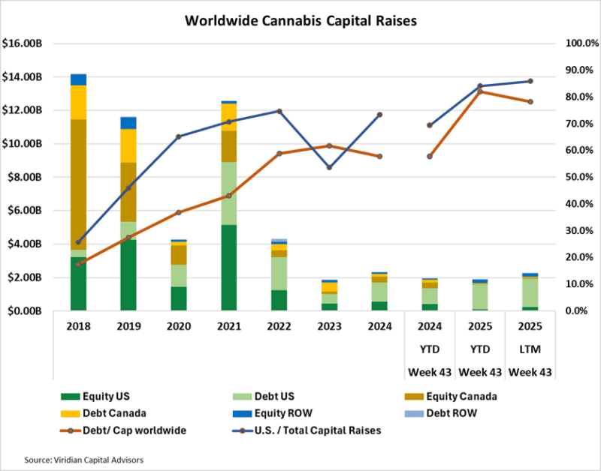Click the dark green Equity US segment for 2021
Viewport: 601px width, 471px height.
coord(229,267)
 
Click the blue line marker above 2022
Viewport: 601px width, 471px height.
coord(279,111)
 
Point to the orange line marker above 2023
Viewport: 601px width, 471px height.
coord(329,145)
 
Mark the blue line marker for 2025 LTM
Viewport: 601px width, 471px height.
coord(530,81)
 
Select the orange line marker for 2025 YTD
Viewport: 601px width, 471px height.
coord(479,91)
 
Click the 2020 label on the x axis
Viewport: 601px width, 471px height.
coord(179,328)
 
